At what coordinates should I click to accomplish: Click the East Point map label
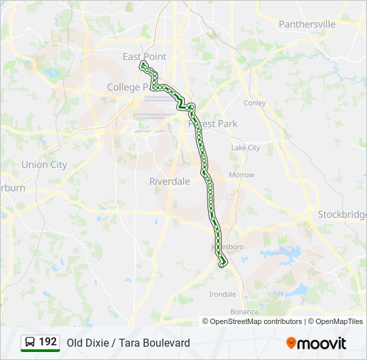(x=144, y=57)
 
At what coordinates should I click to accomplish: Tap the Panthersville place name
(x=307, y=24)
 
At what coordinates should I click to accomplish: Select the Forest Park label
(x=213, y=124)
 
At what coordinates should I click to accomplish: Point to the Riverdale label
(x=169, y=181)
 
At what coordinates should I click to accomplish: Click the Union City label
(x=44, y=165)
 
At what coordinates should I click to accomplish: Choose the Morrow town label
(x=242, y=175)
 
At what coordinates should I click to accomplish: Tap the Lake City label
(x=246, y=148)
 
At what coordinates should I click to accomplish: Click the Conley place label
(x=255, y=103)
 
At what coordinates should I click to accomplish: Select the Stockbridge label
(x=342, y=215)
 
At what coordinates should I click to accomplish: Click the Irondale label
(x=223, y=294)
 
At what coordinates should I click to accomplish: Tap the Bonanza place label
(x=244, y=311)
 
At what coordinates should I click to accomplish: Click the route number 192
(x=48, y=342)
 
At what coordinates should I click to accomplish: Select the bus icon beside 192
(x=30, y=343)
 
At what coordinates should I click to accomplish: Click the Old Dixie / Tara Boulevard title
(x=128, y=343)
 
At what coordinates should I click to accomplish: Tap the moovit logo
(x=316, y=343)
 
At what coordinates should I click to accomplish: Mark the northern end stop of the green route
(x=142, y=64)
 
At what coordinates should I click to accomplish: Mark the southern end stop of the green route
(x=223, y=263)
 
